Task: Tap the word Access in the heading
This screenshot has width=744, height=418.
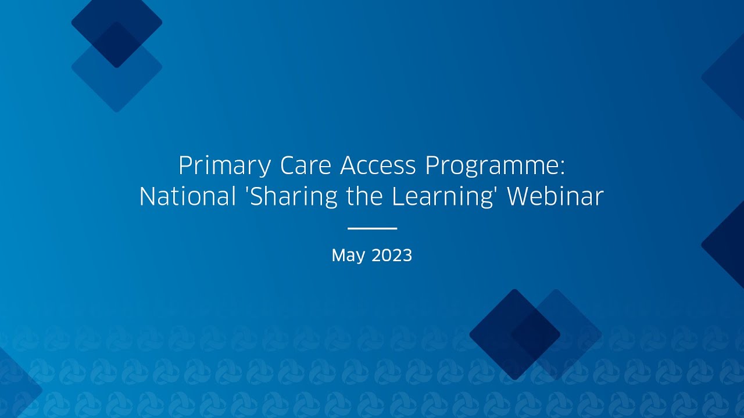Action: tap(378, 167)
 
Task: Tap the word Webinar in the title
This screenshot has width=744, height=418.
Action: tap(555, 197)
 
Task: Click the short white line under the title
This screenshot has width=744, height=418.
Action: tap(372, 228)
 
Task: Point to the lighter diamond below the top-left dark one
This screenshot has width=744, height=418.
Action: tap(117, 84)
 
